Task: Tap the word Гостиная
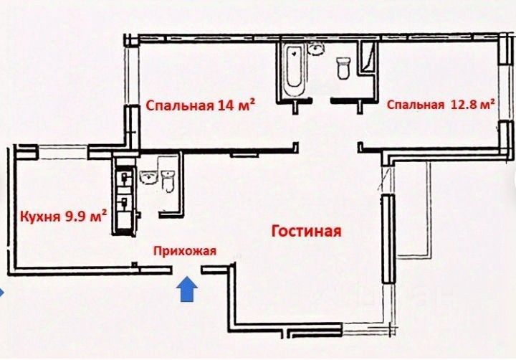tap(305, 232)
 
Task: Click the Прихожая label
tap(184, 251)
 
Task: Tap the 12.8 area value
tap(462, 105)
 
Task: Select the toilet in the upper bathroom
tap(343, 68)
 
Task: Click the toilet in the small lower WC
tap(168, 180)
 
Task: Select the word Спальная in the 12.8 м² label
tap(415, 105)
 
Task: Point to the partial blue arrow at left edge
tap(2, 292)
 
